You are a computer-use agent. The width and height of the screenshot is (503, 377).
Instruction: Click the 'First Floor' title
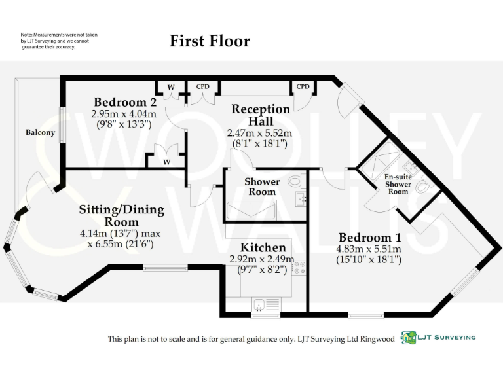[x=210, y=41]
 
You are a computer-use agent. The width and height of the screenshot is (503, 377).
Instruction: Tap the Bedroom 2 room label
[x=124, y=102]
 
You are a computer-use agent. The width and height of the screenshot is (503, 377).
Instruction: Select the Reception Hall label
[x=260, y=115]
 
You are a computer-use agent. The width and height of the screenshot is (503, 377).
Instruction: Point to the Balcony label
[x=40, y=133]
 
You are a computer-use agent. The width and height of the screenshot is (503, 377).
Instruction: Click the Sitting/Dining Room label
[x=121, y=216]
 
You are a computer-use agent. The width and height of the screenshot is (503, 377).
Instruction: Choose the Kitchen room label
[x=263, y=247]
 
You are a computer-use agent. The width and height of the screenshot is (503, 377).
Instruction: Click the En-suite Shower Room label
[x=398, y=184]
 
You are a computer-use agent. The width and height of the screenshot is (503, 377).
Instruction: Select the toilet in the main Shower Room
[x=296, y=181]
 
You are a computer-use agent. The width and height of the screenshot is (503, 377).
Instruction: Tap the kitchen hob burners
[x=300, y=267]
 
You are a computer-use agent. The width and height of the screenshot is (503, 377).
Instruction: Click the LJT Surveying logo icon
[x=409, y=337]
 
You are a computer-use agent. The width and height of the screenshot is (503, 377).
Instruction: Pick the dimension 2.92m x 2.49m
[x=263, y=259]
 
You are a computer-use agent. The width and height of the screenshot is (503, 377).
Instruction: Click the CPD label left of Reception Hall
[x=202, y=86]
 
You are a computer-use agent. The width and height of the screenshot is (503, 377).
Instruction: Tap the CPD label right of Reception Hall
[x=303, y=86]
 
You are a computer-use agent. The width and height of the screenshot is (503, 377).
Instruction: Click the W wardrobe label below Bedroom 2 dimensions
[x=166, y=161]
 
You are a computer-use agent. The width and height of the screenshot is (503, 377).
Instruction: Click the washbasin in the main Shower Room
[x=301, y=199]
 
